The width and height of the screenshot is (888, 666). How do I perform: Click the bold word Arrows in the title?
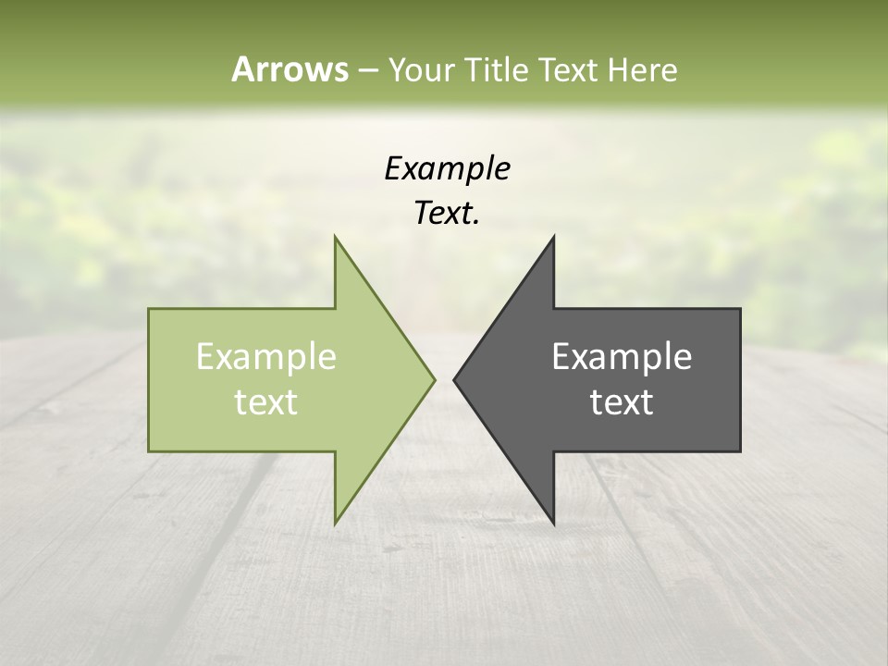[x=290, y=69]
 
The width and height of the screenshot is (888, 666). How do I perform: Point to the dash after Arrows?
[x=367, y=70]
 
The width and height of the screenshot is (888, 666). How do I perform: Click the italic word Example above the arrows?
[x=447, y=169]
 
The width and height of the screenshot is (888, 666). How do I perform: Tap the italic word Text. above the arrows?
[x=447, y=214]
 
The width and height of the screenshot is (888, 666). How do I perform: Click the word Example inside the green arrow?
[x=266, y=357]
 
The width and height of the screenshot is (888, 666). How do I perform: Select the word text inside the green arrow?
[x=266, y=402]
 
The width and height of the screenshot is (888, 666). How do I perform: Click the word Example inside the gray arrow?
[x=622, y=357]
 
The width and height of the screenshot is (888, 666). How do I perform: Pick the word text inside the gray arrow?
[x=622, y=402]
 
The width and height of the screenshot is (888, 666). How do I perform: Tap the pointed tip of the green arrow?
[x=435, y=379]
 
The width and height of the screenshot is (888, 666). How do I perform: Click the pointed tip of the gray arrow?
[x=454, y=379]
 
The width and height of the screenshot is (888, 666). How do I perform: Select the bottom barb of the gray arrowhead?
[x=553, y=524]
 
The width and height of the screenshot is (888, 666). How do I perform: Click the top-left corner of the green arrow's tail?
[x=150, y=309]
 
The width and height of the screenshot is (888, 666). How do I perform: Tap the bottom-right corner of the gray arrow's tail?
[x=739, y=450]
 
